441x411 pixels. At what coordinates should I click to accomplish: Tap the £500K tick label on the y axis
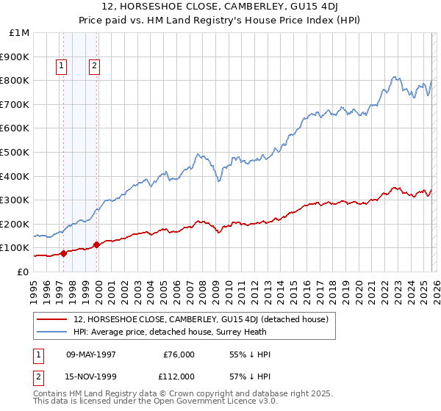[x=15, y=152]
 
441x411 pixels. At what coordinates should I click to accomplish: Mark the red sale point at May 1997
[x=63, y=253]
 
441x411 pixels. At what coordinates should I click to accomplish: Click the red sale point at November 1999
[x=96, y=244]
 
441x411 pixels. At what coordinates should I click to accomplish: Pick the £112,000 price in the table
[x=179, y=376]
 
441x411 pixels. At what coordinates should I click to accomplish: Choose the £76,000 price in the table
[x=179, y=354]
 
